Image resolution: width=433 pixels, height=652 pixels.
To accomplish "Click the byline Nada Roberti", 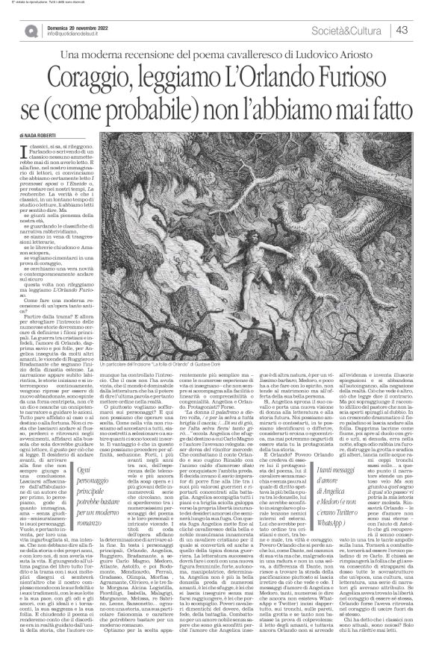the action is click(x=65, y=135).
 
